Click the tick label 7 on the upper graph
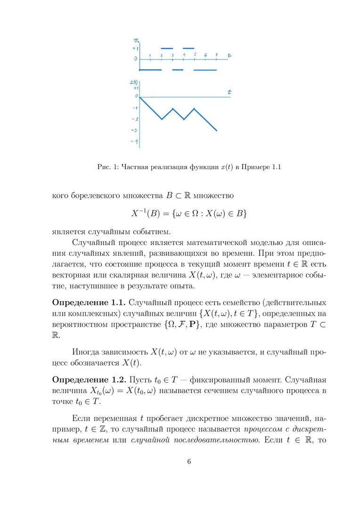pos(216,55)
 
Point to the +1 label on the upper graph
pos(135,49)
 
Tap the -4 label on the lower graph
pos(134,141)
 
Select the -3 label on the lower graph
pos(134,130)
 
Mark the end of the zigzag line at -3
pos(217,131)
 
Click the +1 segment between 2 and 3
pos(167,48)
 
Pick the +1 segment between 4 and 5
pos(188,48)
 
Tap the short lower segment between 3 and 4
pos(178,70)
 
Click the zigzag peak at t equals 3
pos(172,108)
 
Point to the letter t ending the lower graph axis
pos(229,91)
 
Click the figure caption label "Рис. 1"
pos(107,167)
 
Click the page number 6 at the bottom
pos(189,461)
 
